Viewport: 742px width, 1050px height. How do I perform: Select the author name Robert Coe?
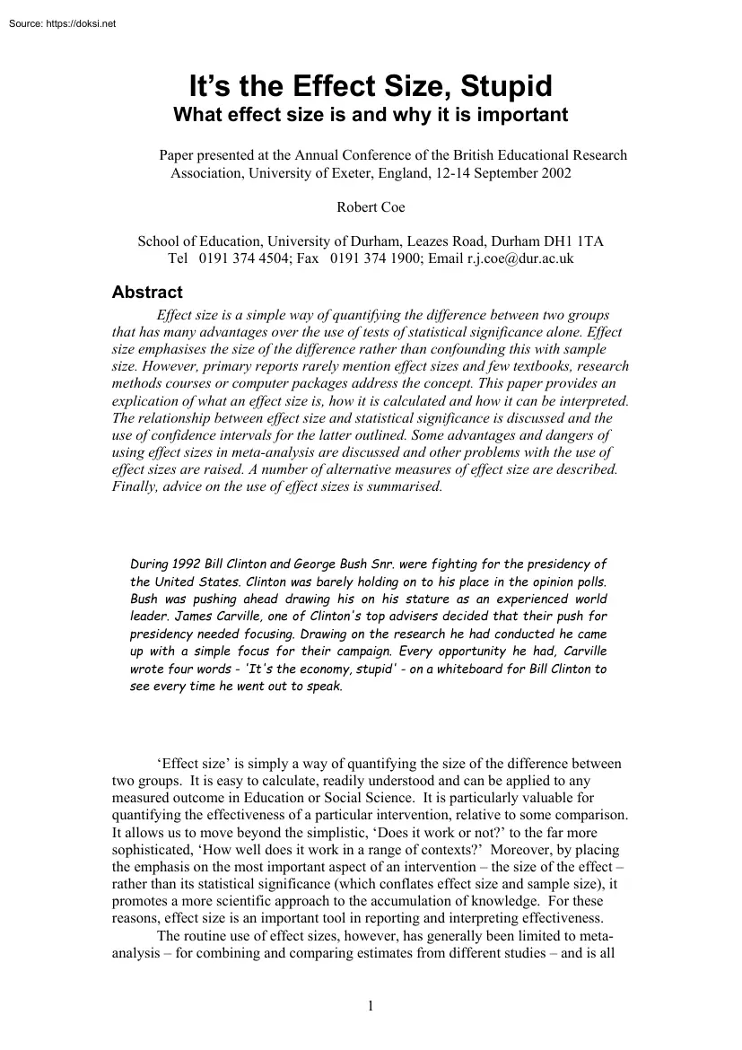click(x=371, y=207)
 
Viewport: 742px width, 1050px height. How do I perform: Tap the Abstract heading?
click(x=146, y=292)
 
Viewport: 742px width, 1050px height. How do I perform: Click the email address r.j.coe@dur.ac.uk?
click(x=519, y=258)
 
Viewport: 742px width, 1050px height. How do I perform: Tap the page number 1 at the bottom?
click(x=371, y=1006)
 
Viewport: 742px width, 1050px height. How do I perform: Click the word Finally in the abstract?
click(x=135, y=486)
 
